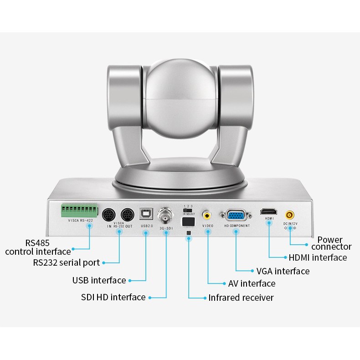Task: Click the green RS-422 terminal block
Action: coord(80,211)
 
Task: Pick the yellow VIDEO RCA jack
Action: coord(208,214)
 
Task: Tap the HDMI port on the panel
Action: coord(268,211)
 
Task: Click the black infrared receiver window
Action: coord(189,221)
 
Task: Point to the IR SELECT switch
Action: coord(188,210)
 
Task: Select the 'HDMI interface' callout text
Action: coord(318,258)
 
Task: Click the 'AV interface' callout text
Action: coord(252,284)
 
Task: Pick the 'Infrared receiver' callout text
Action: coord(241,298)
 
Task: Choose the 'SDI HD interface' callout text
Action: coord(113,298)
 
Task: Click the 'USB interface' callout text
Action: coord(99,280)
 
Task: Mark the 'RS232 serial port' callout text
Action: coord(67,263)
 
